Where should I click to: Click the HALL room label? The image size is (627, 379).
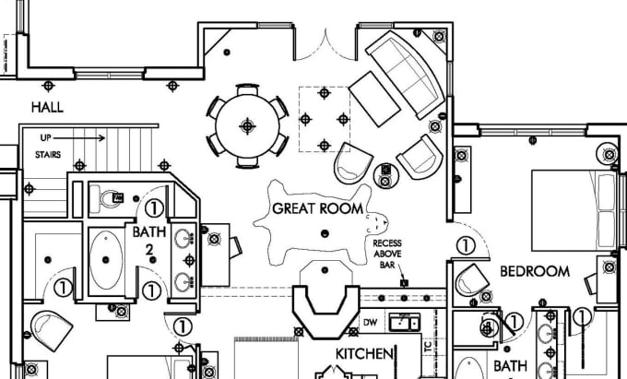point(47,108)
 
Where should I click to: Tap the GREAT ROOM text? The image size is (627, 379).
point(318,208)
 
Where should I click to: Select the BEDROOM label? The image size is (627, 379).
point(534,272)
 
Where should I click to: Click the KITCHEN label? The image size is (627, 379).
point(365,354)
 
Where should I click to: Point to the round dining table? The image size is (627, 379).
point(247,124)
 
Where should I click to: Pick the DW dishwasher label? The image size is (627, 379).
point(372,323)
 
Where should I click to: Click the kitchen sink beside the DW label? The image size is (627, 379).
point(402,322)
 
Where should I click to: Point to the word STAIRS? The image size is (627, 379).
point(49,156)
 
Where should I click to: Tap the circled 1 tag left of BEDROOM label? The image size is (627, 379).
point(466,246)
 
